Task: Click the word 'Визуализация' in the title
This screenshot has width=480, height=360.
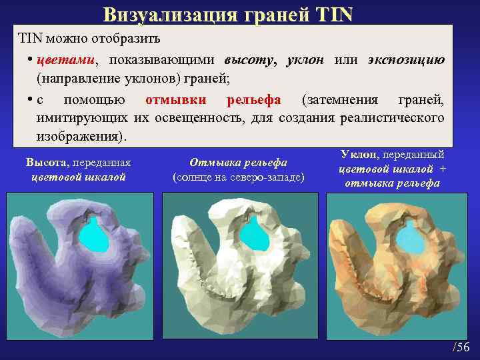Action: tap(169, 14)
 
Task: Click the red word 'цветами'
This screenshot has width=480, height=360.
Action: tap(65, 60)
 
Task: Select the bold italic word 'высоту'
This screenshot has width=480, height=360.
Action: tap(251, 60)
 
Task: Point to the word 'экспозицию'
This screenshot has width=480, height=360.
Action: tap(406, 60)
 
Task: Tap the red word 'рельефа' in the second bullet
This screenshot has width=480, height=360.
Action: tap(253, 100)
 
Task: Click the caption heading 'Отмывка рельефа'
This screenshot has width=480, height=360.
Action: tap(238, 163)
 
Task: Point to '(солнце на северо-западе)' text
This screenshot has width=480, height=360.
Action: tap(238, 177)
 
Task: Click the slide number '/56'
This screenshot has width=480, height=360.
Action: tap(461, 347)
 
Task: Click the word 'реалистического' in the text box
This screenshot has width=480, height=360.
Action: tap(392, 118)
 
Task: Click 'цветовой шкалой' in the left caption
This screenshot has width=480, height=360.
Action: tap(79, 177)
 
